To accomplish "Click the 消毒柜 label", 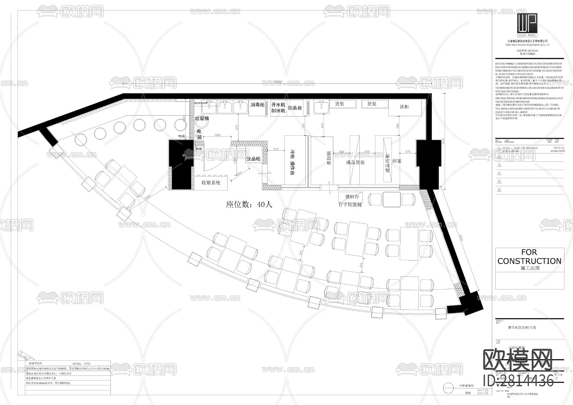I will (x=257, y=105).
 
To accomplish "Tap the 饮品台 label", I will (x=295, y=108).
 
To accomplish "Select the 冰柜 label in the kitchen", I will (x=404, y=107).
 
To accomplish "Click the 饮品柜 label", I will (x=253, y=159).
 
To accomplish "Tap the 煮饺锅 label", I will (x=329, y=158).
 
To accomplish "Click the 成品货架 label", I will (x=356, y=162).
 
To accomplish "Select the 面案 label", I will (x=397, y=161).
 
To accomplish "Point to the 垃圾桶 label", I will (x=202, y=118).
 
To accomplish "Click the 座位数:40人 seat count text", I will (x=249, y=204).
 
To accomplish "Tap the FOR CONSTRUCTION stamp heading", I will (x=529, y=257).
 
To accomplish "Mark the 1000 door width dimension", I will (x=217, y=135).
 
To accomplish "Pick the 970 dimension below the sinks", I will (x=236, y=127).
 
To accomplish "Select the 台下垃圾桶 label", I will (x=350, y=205).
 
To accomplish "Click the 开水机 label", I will (x=278, y=104).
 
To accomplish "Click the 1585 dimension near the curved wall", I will (x=147, y=197).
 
